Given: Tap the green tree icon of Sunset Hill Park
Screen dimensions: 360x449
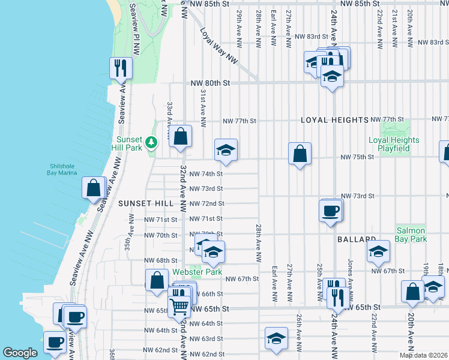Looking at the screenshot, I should [152, 142].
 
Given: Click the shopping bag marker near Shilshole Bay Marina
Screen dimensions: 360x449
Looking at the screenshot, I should [94, 188].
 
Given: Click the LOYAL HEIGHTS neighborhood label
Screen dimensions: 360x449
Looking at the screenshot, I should [334, 120].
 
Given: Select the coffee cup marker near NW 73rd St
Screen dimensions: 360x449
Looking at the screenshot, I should [331, 211].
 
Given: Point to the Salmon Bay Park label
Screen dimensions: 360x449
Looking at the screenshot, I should [411, 235].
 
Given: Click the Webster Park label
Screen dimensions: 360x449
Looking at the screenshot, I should [189, 271].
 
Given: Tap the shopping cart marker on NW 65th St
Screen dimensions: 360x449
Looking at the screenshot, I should [179, 307].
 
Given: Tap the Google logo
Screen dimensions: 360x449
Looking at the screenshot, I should [20, 353].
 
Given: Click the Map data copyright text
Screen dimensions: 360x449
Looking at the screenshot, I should [423, 355].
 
